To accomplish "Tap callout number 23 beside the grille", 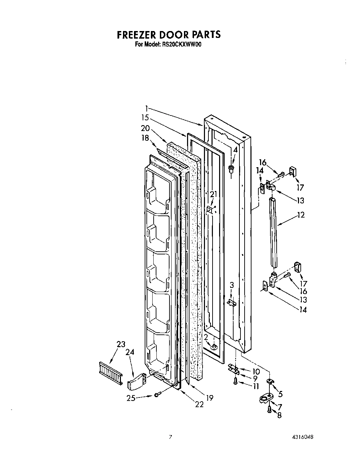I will (121, 344).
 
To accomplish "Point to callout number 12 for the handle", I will (300, 215).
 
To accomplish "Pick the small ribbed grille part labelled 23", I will (110, 373).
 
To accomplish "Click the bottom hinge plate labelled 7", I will (266, 399).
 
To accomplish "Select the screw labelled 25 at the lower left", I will (156, 394).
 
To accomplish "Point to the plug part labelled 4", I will (231, 169).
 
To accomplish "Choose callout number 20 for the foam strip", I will (145, 128).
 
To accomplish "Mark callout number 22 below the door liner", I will (199, 405).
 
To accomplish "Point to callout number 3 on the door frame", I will (232, 285).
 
